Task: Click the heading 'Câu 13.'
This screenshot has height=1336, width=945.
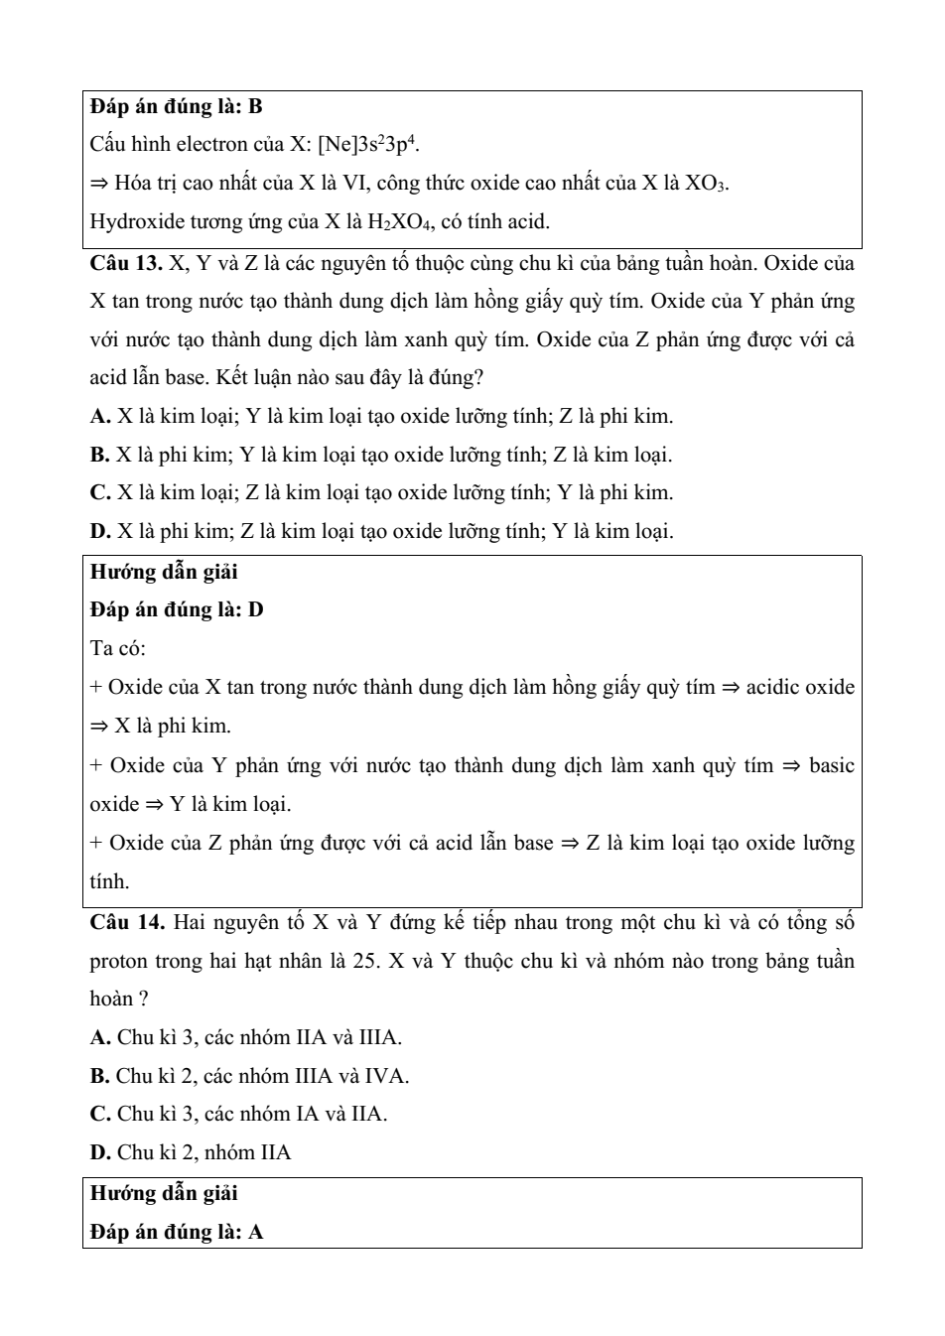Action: click(126, 264)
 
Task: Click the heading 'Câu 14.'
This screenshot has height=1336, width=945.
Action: click(127, 923)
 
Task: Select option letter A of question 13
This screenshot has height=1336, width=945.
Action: click(99, 417)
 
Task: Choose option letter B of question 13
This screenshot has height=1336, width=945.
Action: click(99, 456)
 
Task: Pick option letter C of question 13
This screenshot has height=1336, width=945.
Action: click(99, 493)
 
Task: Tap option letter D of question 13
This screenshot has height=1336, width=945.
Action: click(99, 532)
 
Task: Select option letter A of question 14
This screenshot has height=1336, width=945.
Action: click(99, 1038)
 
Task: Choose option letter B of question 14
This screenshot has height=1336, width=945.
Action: click(99, 1076)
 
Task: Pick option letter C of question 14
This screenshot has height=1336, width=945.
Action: click(99, 1115)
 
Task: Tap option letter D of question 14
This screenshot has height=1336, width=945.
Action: click(99, 1153)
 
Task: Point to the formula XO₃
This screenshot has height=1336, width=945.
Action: click(707, 184)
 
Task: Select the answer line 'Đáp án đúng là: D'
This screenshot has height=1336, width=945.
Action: click(177, 610)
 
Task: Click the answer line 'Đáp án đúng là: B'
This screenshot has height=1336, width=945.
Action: click(176, 106)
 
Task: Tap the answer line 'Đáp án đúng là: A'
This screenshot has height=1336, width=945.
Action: click(177, 1233)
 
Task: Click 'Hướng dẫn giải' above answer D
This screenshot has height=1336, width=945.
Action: click(164, 573)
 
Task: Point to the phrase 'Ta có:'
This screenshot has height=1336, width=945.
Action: click(118, 649)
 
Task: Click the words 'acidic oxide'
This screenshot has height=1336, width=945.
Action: click(800, 688)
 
